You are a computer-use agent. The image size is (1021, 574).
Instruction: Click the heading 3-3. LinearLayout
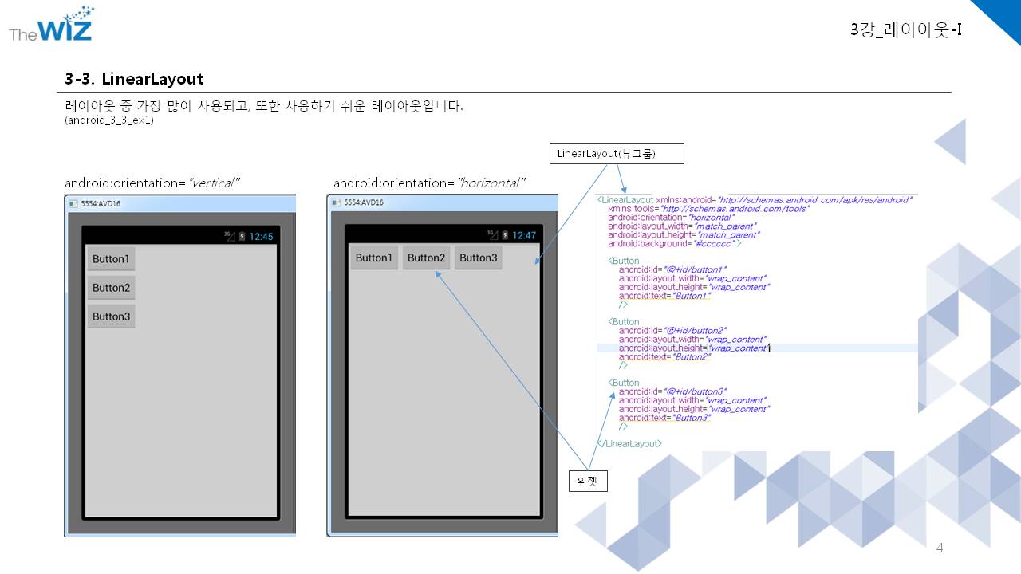tap(134, 79)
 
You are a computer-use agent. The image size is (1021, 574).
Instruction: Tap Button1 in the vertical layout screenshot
tap(111, 259)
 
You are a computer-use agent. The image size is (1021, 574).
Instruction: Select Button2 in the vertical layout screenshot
tap(111, 288)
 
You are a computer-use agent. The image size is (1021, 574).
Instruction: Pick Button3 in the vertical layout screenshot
tap(111, 316)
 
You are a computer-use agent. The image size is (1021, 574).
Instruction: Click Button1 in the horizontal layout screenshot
tap(374, 258)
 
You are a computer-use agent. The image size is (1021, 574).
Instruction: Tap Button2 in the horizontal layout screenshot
tap(426, 258)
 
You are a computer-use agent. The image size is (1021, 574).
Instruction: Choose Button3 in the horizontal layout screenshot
tap(479, 258)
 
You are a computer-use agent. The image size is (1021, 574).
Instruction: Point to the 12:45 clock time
tap(261, 236)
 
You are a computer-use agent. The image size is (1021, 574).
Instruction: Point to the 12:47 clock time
tap(524, 235)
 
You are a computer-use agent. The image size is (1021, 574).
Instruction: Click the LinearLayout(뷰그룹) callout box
tap(617, 154)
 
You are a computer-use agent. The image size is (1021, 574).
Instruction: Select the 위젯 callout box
tap(587, 482)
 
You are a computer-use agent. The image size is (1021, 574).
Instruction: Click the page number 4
tap(940, 548)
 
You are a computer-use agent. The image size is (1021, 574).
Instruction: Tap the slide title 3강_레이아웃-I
tap(905, 30)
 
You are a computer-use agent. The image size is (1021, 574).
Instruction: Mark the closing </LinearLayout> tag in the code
tap(629, 443)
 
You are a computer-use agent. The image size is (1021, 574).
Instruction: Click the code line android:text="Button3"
tap(664, 418)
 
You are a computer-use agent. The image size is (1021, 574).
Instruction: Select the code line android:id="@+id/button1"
tap(672, 269)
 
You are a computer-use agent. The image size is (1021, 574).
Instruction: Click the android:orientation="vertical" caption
tap(152, 183)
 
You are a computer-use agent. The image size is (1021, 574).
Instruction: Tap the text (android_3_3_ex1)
tap(109, 120)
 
